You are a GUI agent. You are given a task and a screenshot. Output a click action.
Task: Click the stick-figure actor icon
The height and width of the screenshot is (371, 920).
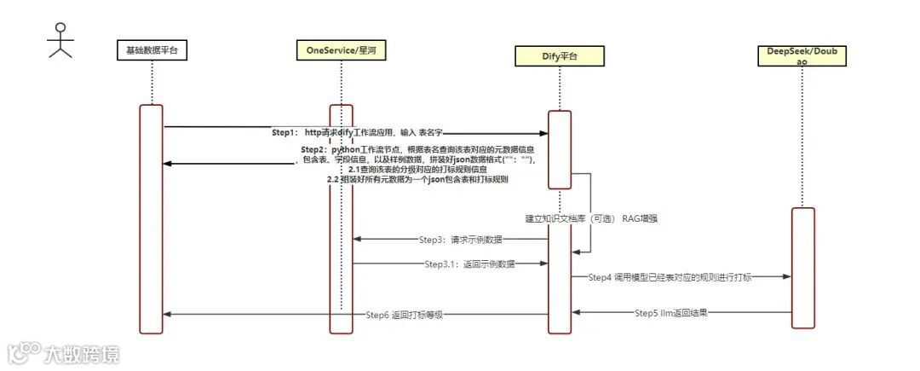tap(59, 39)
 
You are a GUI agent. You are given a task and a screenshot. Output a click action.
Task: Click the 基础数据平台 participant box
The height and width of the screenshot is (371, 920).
tap(151, 50)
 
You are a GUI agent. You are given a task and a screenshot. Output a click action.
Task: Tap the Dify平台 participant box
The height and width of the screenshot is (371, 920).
tap(559, 57)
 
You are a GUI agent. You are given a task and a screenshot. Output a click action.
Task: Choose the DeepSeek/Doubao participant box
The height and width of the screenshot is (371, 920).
tap(802, 56)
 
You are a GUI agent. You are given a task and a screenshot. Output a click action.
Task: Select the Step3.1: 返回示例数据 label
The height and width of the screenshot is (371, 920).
tap(469, 264)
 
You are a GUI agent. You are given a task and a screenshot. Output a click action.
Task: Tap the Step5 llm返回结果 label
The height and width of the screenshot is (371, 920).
tap(671, 313)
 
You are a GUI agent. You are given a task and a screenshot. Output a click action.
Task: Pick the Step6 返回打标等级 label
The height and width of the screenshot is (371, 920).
tap(405, 316)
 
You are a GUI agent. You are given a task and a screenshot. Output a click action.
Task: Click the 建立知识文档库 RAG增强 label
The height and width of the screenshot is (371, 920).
tap(590, 219)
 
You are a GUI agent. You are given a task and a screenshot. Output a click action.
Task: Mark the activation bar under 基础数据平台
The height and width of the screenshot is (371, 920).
tap(151, 217)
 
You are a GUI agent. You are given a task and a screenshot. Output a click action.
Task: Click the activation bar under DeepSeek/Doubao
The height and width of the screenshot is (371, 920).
tap(802, 267)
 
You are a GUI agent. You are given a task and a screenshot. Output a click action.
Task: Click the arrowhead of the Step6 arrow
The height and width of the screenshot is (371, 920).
tap(167, 315)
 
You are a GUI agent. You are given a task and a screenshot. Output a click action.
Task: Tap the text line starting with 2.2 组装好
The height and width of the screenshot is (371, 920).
tap(417, 180)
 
